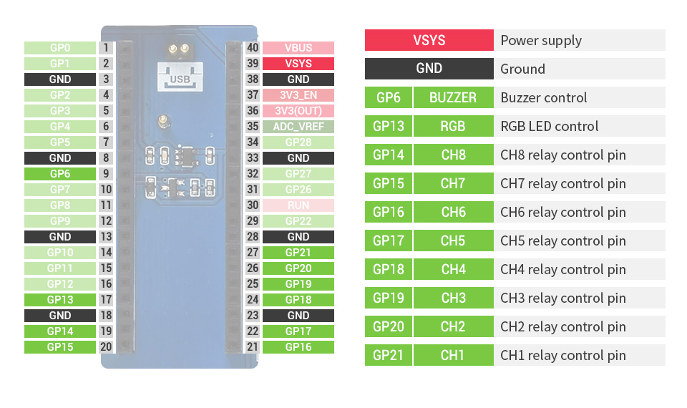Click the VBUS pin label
pos(298,48)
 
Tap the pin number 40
pos(252,48)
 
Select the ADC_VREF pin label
pos(298,127)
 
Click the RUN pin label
pos(298,205)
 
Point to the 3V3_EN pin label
pos(298,95)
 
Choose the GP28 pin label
pos(298,142)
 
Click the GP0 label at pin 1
pos(60,48)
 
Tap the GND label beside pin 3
pos(60,79)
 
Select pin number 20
pos(106,347)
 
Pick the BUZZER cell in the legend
pos(453,97)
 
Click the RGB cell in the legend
pos(453,126)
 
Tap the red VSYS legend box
pos(429,40)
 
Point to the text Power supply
pos(541,40)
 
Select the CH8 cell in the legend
pos(453,155)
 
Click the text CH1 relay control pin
pos(562,355)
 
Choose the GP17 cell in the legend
pos(389,241)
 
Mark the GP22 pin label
pos(298,221)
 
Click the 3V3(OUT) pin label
pos(298,111)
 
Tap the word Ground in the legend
pos(522,69)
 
